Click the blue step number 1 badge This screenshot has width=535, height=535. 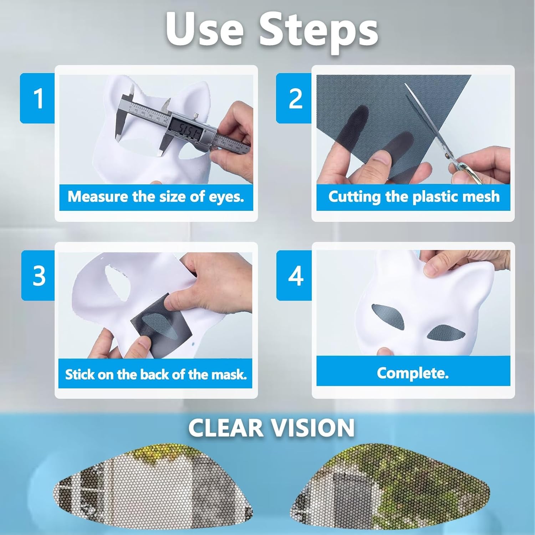pyautogui.click(x=37, y=98)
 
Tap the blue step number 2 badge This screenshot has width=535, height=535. pyautogui.click(x=294, y=98)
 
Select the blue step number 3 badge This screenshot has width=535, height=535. pyautogui.click(x=39, y=275)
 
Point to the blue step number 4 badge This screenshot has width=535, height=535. pyautogui.click(x=295, y=275)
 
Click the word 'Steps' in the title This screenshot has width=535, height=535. pyautogui.click(x=318, y=30)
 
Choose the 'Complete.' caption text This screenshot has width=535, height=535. pyautogui.click(x=413, y=373)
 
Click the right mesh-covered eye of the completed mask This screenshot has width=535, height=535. pyautogui.click(x=446, y=333)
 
